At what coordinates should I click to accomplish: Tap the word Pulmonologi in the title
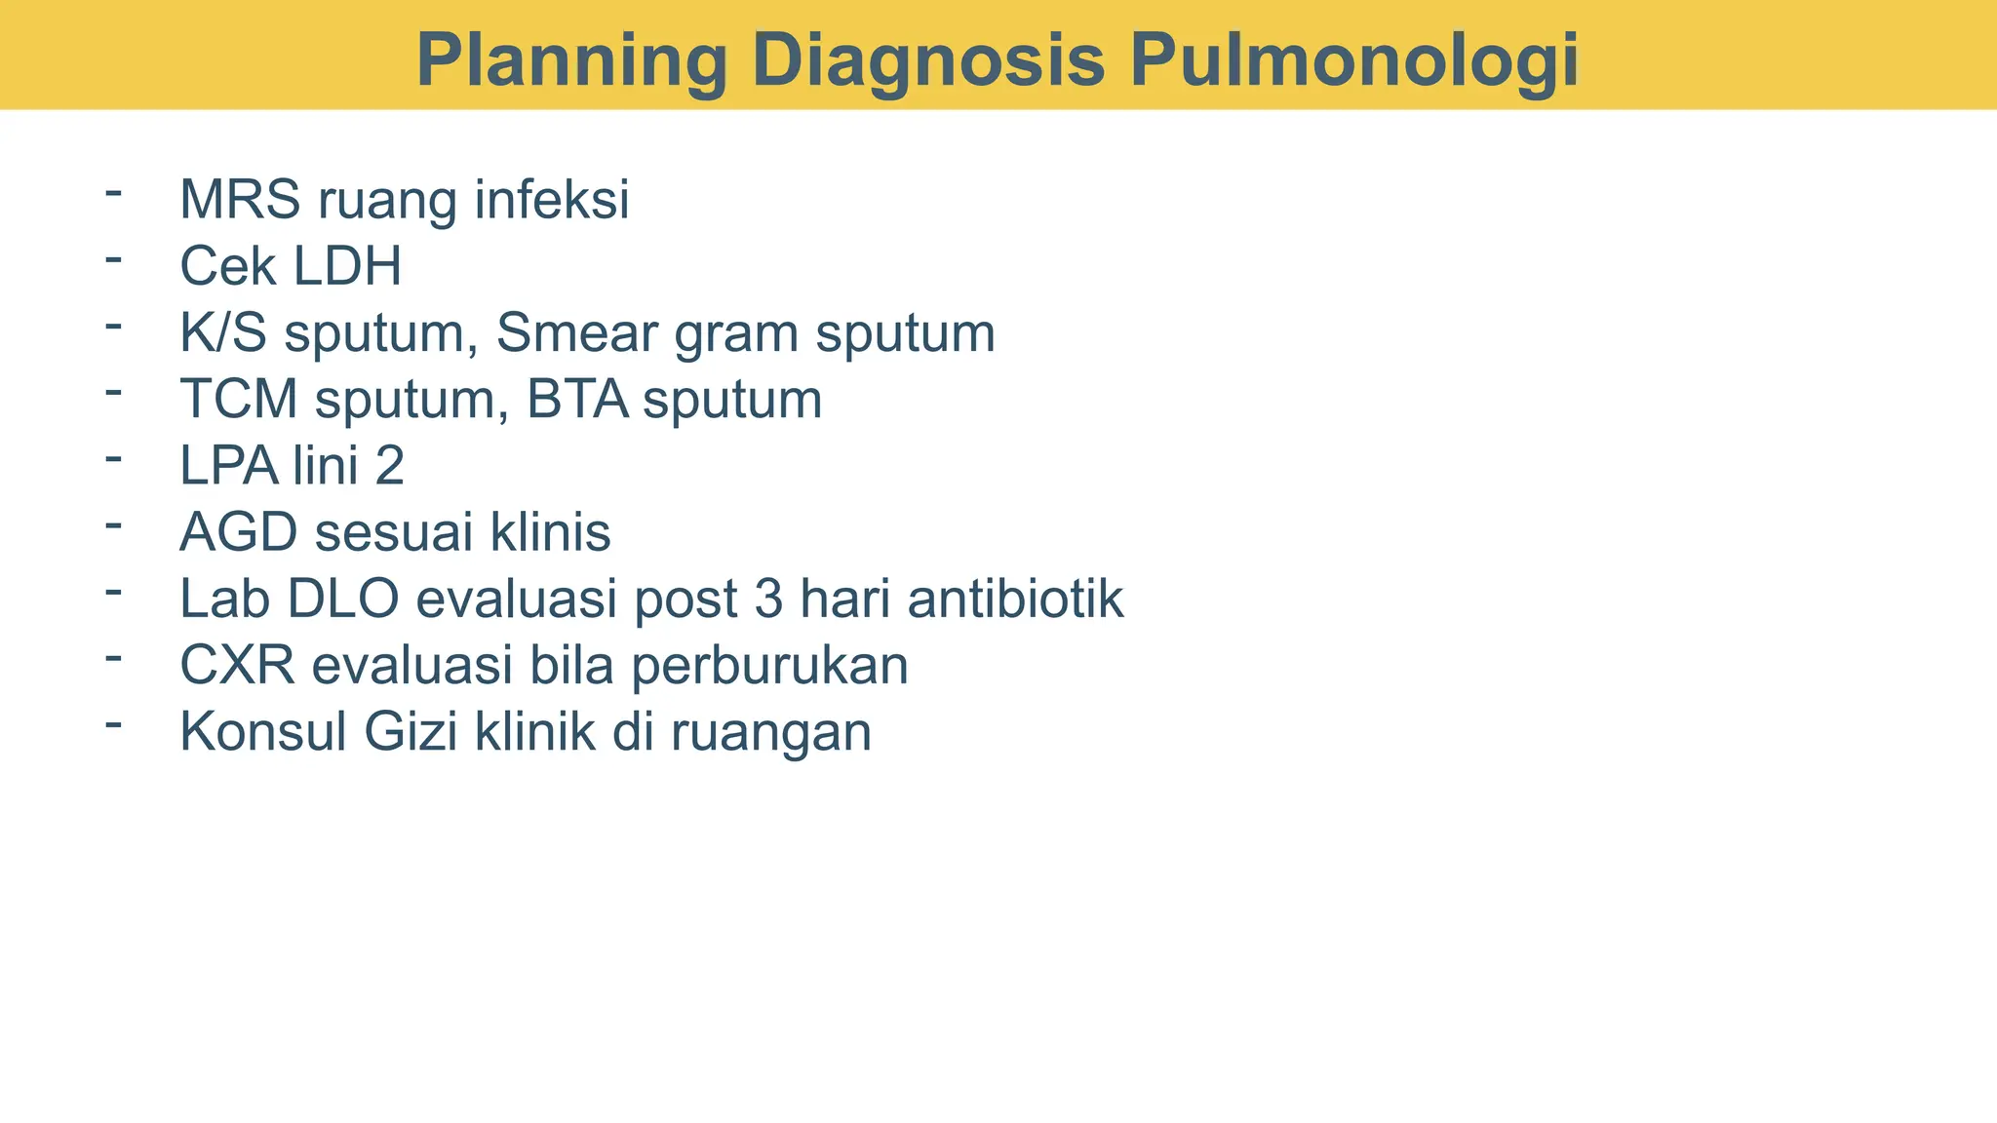click(1354, 60)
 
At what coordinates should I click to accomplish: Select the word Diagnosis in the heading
click(928, 60)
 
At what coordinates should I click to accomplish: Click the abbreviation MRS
click(240, 200)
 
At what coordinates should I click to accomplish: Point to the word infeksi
click(552, 200)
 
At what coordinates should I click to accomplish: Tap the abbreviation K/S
click(222, 333)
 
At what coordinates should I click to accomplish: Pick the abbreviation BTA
click(577, 400)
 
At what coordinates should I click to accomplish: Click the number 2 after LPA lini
click(389, 466)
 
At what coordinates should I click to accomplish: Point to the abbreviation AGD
click(239, 532)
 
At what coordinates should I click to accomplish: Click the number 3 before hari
click(768, 599)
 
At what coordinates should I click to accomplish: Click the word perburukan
click(769, 666)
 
